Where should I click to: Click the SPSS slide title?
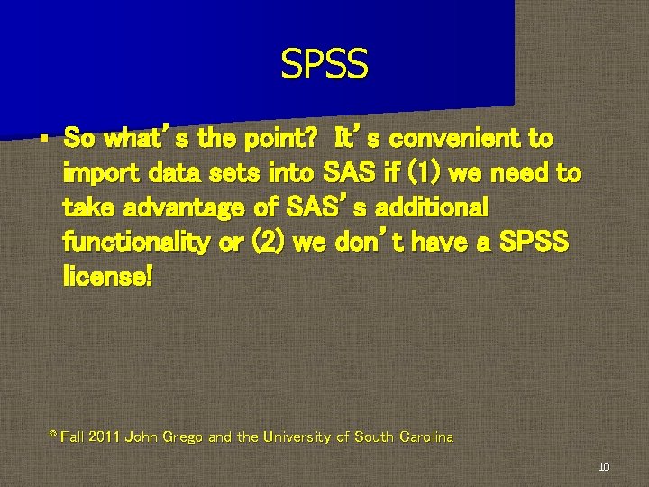click(x=324, y=65)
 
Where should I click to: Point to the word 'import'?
click(x=96, y=173)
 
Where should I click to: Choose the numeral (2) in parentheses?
click(x=266, y=242)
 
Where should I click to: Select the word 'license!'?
click(x=108, y=276)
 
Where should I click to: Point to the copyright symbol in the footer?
click(x=51, y=435)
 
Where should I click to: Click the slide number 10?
click(x=604, y=467)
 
